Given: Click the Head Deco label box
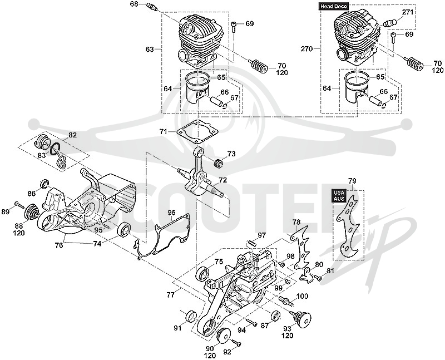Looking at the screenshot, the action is pos(334,6).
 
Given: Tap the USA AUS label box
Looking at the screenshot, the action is pos(339,196).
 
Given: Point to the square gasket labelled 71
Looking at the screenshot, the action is pos(197,132).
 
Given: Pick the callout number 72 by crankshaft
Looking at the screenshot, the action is pos(223,180).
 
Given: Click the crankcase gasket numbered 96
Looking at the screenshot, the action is pos(162,236).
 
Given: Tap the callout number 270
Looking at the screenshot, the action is pos(306,49).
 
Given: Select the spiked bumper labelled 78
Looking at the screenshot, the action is pos(301,247).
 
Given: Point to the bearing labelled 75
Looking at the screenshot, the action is pos(203,274).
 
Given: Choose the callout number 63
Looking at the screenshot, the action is pos(150,50).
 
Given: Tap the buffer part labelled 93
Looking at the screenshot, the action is pos(300,318).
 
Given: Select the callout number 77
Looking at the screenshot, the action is pos(171,295).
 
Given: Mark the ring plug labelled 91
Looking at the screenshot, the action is pos(190,317).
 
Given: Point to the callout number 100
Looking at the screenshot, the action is pos(302,297).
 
